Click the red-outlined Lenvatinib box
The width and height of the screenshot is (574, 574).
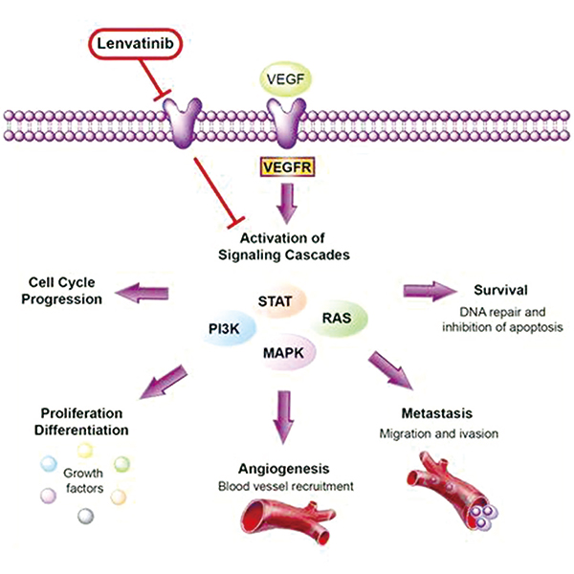coord(135,42)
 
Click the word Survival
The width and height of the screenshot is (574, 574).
coord(500,290)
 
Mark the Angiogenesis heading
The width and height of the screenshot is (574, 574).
coord(285,469)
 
